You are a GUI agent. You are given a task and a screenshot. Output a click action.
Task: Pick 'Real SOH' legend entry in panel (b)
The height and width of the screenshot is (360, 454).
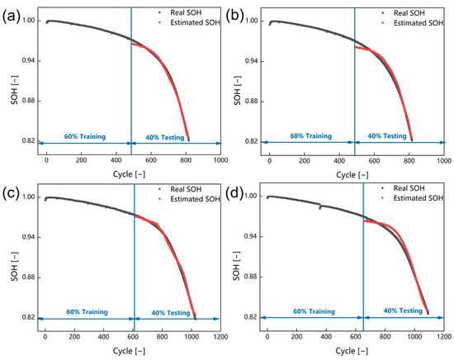[x=413, y=13]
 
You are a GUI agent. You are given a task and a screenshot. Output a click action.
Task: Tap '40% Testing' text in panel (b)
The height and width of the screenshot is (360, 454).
[x=387, y=135]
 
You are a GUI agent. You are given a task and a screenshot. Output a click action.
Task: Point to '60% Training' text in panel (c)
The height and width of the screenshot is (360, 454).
[x=85, y=311]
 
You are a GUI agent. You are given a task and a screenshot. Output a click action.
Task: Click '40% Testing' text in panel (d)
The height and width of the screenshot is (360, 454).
[x=399, y=311]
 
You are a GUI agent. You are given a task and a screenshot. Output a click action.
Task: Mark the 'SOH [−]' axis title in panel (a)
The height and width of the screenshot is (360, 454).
[x=7, y=80]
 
